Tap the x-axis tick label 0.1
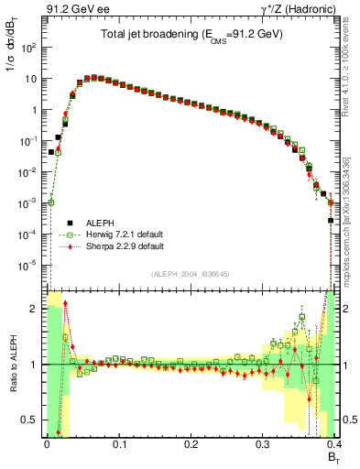coord(118,445)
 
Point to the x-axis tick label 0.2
coord(190,445)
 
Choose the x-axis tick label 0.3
coord(262,445)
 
